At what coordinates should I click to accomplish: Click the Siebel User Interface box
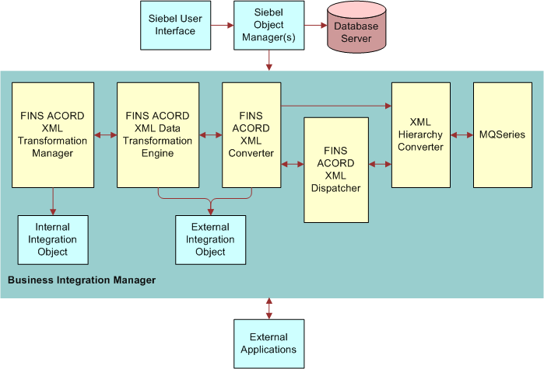point(177,25)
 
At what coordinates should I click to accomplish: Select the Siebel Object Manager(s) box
point(268,25)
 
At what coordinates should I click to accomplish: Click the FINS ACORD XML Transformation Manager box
point(53,134)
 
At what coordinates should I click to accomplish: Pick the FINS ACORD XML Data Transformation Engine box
point(158,134)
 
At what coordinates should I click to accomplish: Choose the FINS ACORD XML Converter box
point(251,134)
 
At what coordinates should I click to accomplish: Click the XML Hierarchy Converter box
point(420,134)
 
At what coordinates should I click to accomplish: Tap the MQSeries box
point(503,134)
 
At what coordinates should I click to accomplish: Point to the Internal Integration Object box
point(53,240)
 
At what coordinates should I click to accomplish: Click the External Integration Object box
point(210,240)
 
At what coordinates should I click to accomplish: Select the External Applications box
point(268,343)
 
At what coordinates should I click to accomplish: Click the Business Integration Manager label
point(81,280)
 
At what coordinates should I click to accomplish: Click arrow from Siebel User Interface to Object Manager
point(223,26)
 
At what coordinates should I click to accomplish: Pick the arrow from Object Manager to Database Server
point(314,26)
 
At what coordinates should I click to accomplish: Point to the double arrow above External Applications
point(269,308)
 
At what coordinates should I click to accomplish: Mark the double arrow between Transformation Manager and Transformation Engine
point(105,135)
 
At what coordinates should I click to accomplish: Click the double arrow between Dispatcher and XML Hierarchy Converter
point(380,164)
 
